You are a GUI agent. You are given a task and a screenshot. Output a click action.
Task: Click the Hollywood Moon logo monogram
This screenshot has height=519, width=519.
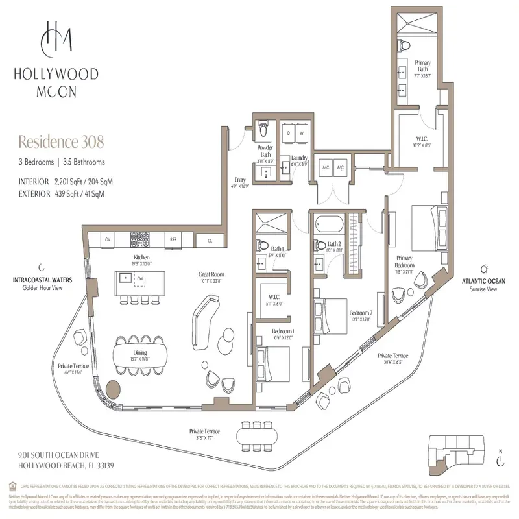(x=54, y=39)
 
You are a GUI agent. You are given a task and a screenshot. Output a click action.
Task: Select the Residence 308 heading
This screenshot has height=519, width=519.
(x=61, y=141)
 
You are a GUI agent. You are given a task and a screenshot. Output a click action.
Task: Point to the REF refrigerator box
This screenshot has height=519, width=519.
(x=173, y=239)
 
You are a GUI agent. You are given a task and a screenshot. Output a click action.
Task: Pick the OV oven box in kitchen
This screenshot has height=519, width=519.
(x=108, y=239)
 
